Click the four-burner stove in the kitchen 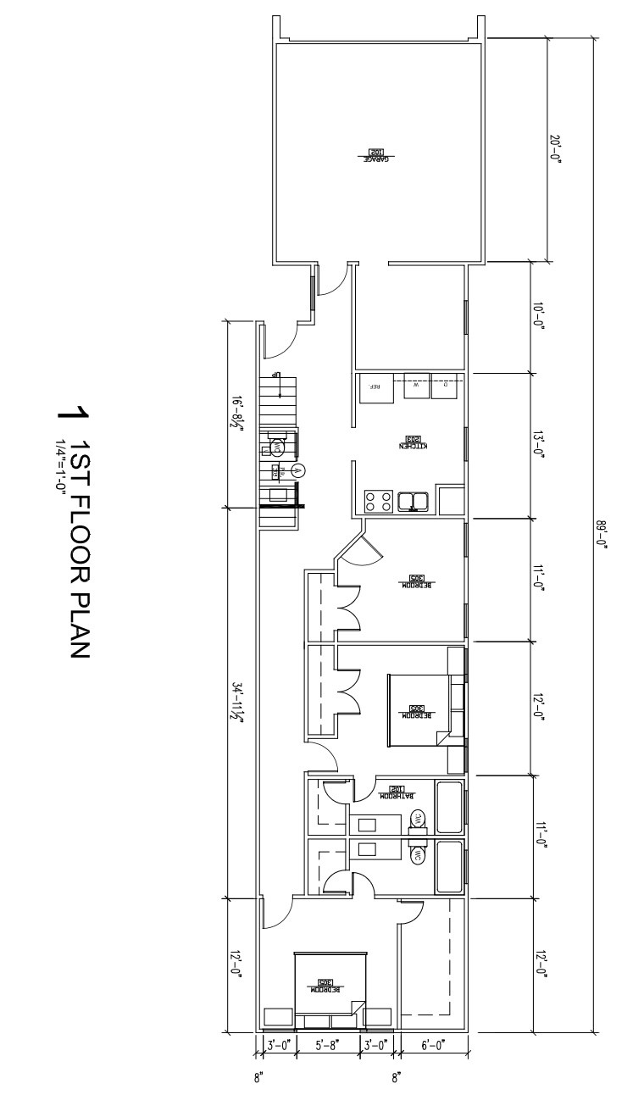coord(377,501)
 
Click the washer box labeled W coord(416,385)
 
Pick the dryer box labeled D coord(446,385)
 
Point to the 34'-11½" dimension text coord(240,703)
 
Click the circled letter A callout coord(297,470)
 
